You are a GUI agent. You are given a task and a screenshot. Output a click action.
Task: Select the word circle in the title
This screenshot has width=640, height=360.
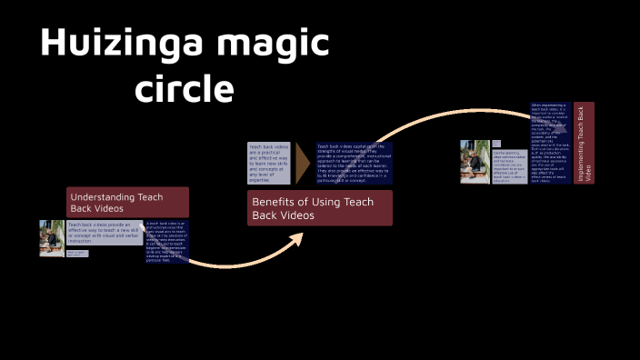184,89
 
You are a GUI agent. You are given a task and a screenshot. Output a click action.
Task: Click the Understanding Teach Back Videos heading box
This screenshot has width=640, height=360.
127,202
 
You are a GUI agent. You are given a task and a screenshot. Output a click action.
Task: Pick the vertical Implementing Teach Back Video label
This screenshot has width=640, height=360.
584,143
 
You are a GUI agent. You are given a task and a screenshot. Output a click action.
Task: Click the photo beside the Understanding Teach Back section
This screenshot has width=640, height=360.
52,238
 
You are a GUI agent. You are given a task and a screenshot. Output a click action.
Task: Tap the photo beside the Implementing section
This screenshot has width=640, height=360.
475,161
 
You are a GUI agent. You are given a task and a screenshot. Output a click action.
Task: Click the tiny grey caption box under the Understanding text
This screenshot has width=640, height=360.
77,254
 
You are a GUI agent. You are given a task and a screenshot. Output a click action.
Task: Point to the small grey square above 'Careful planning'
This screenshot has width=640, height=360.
496,144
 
